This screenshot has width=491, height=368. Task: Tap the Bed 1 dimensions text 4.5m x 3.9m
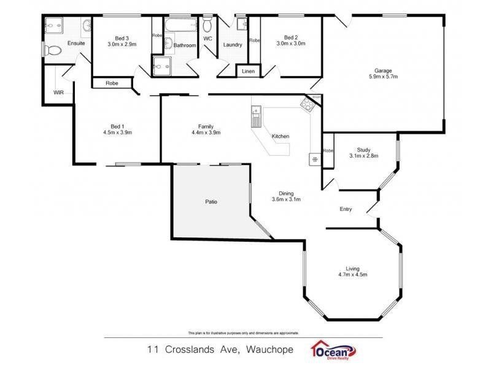[x=117, y=132]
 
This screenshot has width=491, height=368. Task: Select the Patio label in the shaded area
[x=212, y=201]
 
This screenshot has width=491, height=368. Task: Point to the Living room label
[x=352, y=268]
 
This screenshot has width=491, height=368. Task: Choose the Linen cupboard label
[x=248, y=72]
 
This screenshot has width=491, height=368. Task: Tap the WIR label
[x=58, y=93]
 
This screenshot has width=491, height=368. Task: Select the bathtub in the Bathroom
[x=182, y=26]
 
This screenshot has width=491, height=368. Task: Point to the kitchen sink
[x=256, y=115]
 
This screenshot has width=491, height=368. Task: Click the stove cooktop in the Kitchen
[x=306, y=104]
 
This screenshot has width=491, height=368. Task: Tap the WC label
[x=207, y=39]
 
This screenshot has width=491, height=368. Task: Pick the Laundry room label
[x=233, y=45]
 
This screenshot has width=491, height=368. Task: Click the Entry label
[x=346, y=210]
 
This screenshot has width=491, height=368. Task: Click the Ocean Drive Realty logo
[x=335, y=350]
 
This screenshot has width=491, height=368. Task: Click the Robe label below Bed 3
[x=112, y=83]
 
